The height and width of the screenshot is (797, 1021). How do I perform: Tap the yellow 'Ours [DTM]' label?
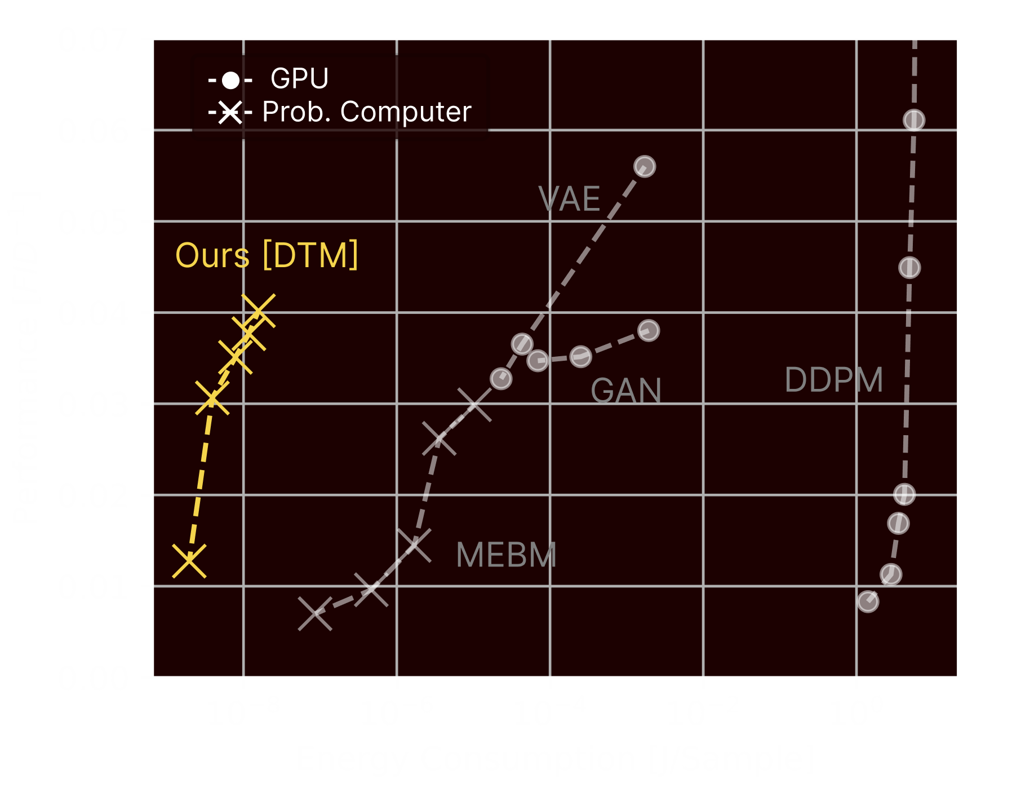point(267,255)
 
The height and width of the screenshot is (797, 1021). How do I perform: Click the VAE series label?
point(569,199)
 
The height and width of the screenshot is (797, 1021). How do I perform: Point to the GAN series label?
point(625,391)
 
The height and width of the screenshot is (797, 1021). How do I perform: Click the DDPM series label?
point(833,380)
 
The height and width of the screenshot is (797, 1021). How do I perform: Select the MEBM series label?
point(506,555)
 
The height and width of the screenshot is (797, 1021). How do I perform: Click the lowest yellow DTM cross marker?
point(189,561)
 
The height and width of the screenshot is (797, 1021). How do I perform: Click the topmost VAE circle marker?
point(645,166)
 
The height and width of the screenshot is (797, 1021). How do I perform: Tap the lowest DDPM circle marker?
point(868,601)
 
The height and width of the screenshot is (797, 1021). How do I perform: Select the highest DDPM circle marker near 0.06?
point(913,120)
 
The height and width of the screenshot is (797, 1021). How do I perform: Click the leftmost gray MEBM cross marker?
point(314,614)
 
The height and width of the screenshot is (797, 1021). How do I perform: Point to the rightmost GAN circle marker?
point(649,330)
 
